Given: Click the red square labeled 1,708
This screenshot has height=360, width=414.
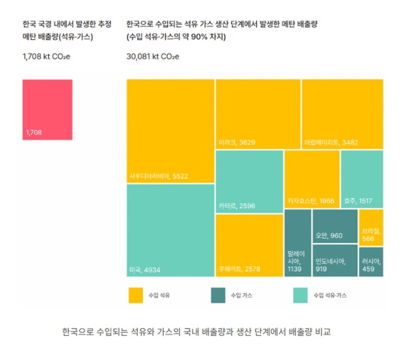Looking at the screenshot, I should pos(47,110).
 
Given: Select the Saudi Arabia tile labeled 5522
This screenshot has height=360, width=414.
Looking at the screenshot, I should pos(170,131).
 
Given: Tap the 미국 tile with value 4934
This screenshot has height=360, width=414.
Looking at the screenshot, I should pos(170,230).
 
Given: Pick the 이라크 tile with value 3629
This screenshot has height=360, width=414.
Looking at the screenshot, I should pos(258,114).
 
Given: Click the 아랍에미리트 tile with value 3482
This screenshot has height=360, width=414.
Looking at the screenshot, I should pos(342,114).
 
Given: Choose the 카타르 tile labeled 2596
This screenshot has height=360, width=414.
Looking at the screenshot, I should pos(249,182).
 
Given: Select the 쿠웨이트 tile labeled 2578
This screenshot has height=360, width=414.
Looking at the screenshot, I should pos(249,245).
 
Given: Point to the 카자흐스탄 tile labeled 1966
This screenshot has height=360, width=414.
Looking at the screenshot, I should pos(312,179).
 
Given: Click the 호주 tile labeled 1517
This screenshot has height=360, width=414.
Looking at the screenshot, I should pos(362,179).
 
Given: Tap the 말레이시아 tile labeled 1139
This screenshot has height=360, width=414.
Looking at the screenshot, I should pos(298,243).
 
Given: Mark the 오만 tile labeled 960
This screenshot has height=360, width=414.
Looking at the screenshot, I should pos(335,226).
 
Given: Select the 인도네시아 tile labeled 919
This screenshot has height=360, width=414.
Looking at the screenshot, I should pos(335,260).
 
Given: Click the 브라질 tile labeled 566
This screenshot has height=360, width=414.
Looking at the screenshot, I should pos(371,228).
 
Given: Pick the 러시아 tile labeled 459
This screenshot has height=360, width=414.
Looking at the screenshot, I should pos(371,262).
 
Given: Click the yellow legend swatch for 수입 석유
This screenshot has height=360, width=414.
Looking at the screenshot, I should pos(136,296).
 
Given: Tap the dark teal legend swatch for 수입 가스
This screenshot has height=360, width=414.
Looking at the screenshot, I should pos(218,296).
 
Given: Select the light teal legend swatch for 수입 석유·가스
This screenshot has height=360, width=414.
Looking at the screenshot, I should pos(301,296).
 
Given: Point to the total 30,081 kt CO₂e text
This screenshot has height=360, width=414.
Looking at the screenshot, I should pos(153,56).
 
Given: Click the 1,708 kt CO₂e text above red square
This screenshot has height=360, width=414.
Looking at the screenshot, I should pos(46,56).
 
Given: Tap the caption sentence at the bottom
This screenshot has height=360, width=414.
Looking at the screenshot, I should pos(199,332).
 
